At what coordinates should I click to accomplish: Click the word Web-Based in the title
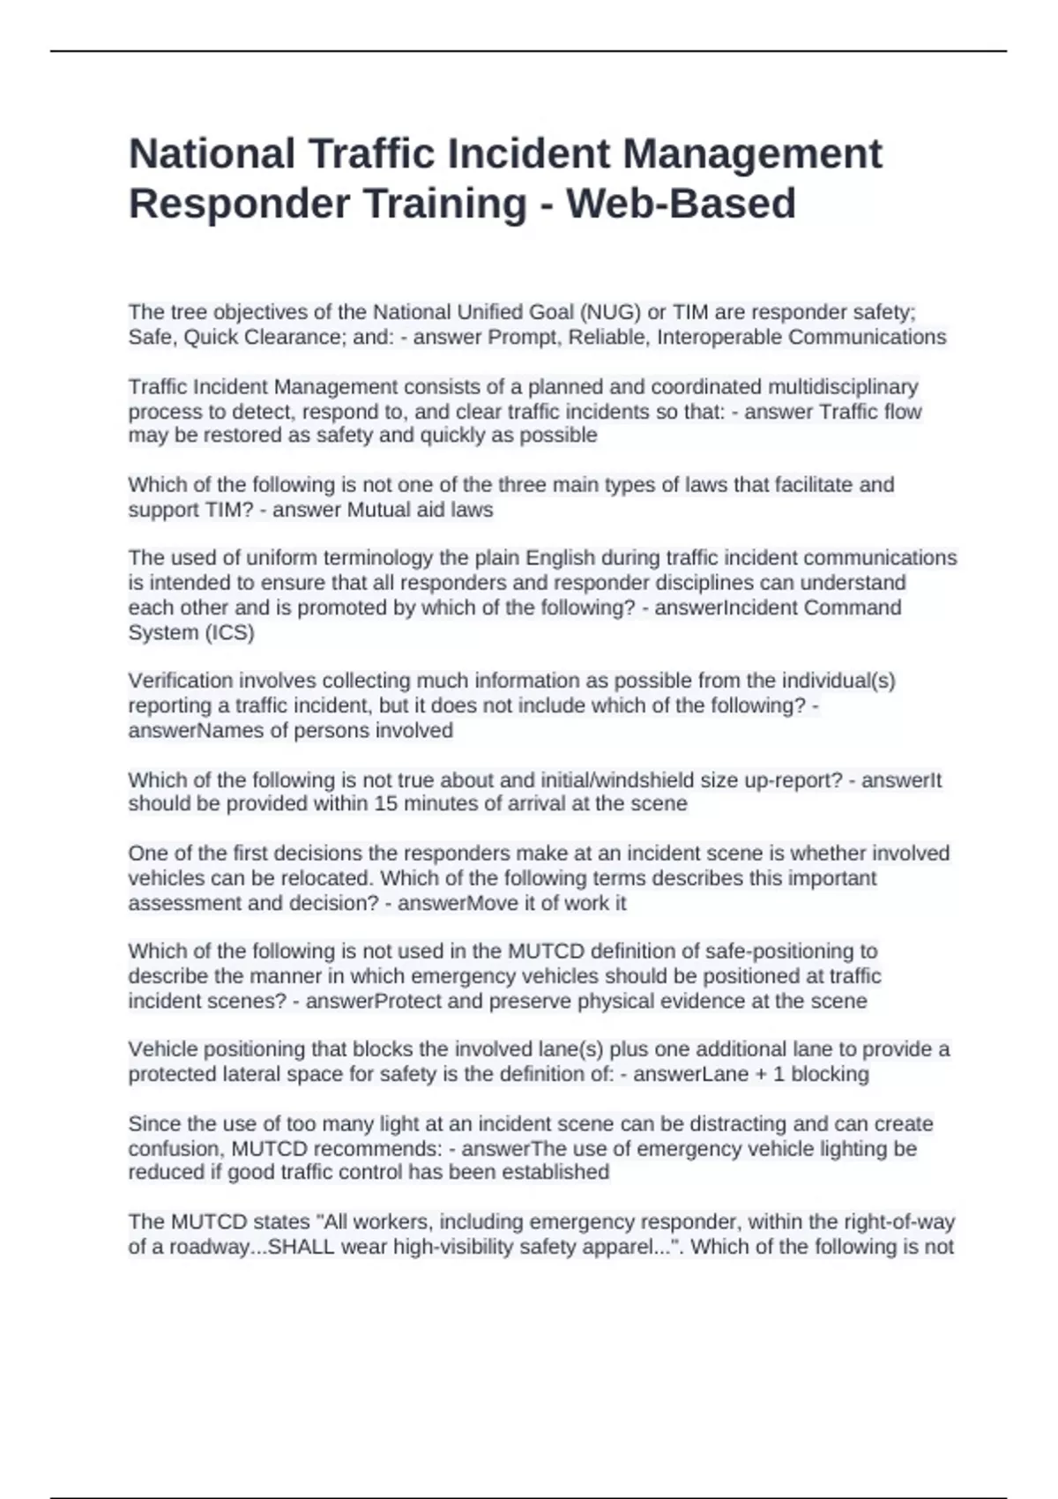point(681,204)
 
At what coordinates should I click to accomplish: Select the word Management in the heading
point(752,153)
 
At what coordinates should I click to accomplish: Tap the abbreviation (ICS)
point(229,632)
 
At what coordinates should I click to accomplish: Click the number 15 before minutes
point(386,804)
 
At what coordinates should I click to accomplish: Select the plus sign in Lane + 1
point(761,1074)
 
